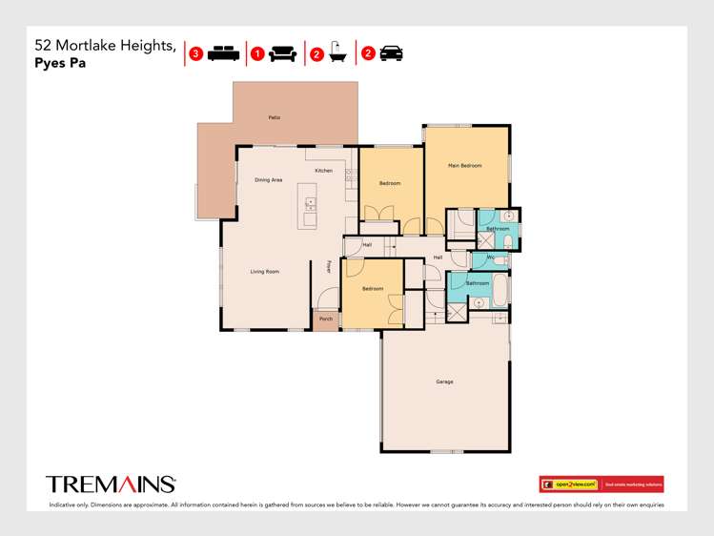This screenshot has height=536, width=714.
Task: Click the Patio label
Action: [x=274, y=117]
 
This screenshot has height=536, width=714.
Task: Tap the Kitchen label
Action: [x=323, y=170]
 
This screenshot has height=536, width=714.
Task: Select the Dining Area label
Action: [x=268, y=179]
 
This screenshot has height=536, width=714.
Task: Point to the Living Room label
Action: [x=264, y=272]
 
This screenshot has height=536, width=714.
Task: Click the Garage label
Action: [x=444, y=381]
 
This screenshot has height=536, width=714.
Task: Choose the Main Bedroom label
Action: [x=464, y=166]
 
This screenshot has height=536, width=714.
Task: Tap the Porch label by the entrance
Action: [x=326, y=319]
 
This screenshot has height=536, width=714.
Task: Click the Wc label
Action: [x=490, y=258]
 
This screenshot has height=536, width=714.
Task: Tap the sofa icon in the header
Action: [x=282, y=53]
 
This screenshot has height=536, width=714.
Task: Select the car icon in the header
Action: [x=390, y=53]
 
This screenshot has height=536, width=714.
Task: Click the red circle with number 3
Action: [x=195, y=53]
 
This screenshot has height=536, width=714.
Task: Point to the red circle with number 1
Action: [x=256, y=53]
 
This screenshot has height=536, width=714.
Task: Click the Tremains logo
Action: [x=111, y=484]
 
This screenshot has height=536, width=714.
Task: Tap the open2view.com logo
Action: [x=569, y=484]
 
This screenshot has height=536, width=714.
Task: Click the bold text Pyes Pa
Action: [x=60, y=65]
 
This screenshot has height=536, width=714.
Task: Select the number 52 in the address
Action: [x=43, y=45]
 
